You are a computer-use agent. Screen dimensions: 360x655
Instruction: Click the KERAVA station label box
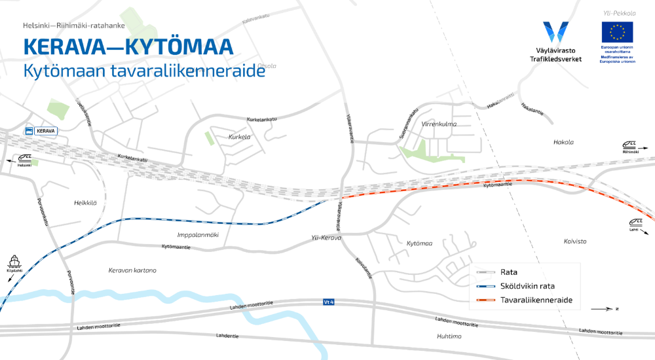pyautogui.click(x=41, y=130)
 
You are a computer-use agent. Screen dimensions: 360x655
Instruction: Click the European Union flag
pyautogui.click(x=617, y=32)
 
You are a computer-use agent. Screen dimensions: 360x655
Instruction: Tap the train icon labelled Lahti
pyautogui.click(x=635, y=223)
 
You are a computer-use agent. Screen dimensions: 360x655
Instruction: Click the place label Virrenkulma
pyautogui.click(x=439, y=124)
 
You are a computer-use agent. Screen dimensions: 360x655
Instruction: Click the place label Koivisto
pyautogui.click(x=575, y=241)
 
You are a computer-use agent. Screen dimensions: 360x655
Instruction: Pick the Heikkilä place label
pyautogui.click(x=85, y=203)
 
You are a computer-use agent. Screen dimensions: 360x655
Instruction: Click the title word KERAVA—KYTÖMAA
pyautogui.click(x=128, y=47)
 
